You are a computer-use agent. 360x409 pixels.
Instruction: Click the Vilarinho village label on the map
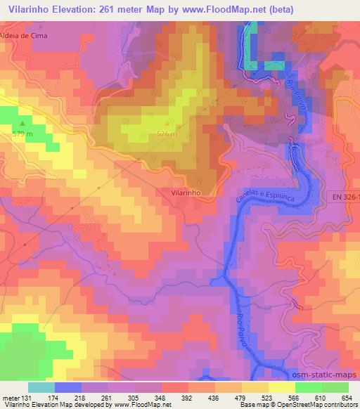point(187,191)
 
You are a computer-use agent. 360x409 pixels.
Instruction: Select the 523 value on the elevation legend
point(256,397)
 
